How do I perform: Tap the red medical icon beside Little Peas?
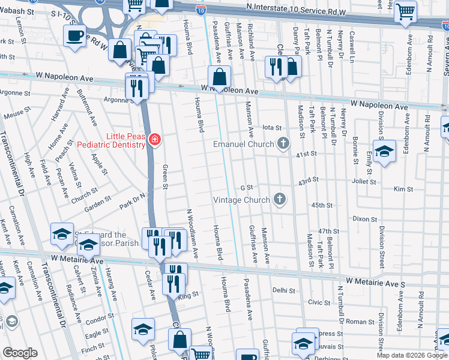155,140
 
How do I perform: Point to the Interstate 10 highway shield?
201,8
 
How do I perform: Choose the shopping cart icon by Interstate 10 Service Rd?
406,11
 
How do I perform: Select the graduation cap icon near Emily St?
384,150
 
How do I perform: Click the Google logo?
20,353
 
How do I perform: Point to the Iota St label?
272,128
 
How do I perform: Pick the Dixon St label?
364,219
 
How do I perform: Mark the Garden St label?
97,200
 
